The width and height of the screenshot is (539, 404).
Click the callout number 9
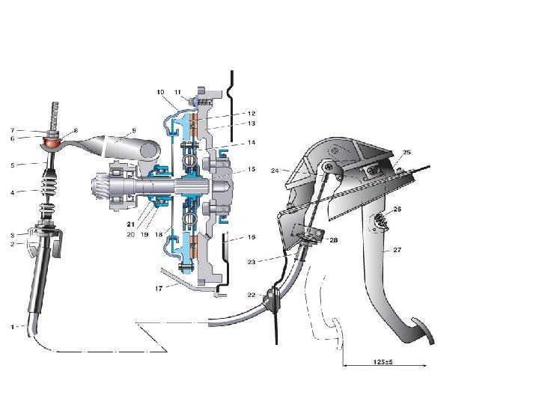pyautogui.click(x=134, y=130)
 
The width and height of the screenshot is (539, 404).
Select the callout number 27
pyautogui.click(x=397, y=250)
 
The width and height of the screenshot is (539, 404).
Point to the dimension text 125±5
pyautogui.click(x=383, y=362)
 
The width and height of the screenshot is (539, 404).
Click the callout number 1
pyautogui.click(x=13, y=327)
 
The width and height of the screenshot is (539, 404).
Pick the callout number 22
pyautogui.click(x=252, y=295)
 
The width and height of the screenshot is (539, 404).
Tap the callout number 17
pyautogui.click(x=158, y=289)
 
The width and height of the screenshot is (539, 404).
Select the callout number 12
pyautogui.click(x=252, y=114)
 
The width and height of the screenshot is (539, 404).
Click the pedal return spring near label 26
pyautogui.click(x=380, y=221)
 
